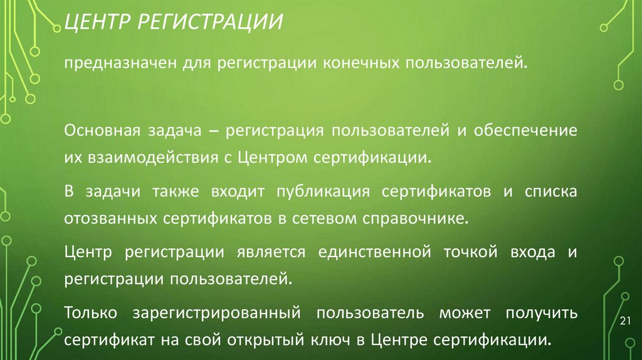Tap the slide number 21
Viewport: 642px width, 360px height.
click(624, 322)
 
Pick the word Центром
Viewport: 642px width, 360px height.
click(271, 156)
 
